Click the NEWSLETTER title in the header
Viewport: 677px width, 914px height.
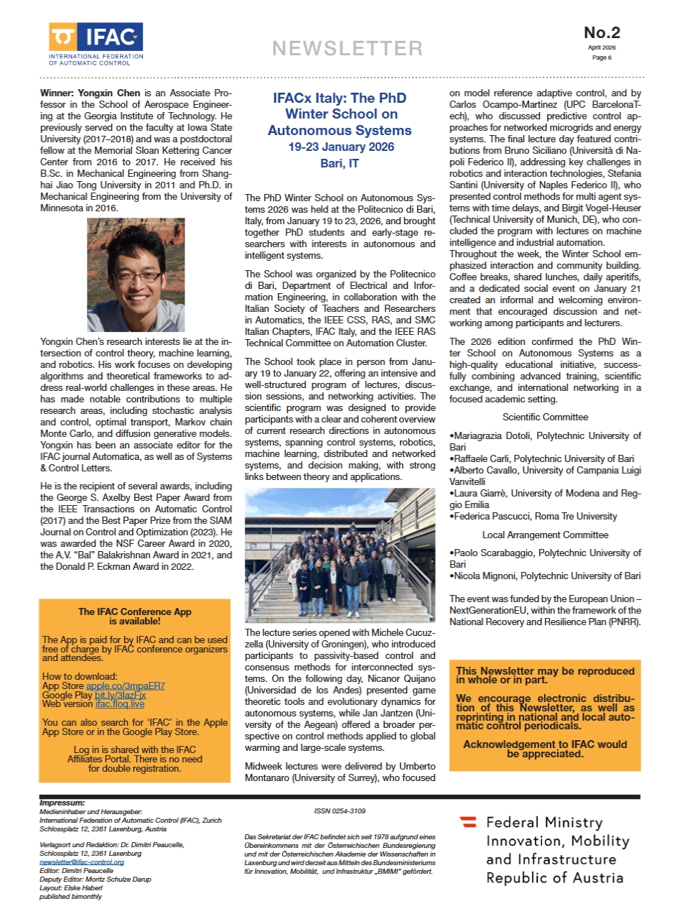point(347,48)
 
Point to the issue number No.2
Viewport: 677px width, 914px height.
point(602,32)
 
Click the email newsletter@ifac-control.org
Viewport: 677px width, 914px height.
point(81,862)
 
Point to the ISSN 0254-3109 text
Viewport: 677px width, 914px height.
point(340,811)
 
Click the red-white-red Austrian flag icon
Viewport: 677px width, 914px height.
point(468,821)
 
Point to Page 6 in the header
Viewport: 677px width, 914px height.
point(602,57)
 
